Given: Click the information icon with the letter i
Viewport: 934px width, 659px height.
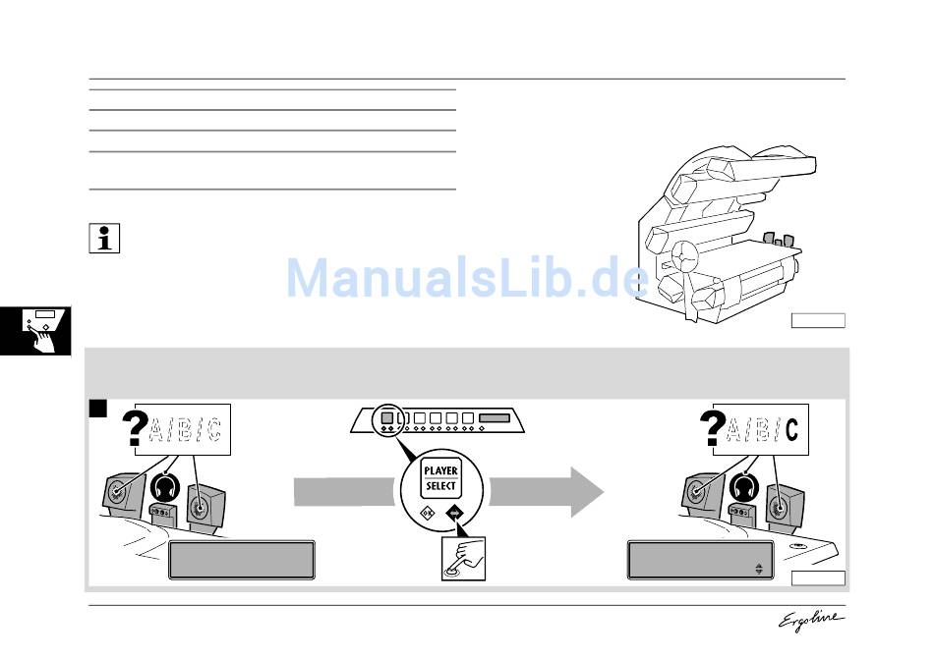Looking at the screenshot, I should tap(103, 239).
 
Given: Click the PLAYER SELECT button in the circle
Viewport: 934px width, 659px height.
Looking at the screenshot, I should tap(440, 478).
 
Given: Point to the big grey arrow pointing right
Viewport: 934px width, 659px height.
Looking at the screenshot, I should tap(546, 490).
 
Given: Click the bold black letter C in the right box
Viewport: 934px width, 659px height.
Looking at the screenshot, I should tap(792, 429).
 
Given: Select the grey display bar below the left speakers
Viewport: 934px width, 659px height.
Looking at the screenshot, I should tap(242, 560).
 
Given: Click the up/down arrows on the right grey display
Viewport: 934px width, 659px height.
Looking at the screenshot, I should tap(758, 568).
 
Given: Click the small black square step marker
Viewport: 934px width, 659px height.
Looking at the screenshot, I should tap(98, 409).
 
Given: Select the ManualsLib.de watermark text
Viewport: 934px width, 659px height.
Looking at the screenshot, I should tap(467, 278).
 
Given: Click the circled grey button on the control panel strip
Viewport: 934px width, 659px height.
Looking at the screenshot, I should tap(387, 417).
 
